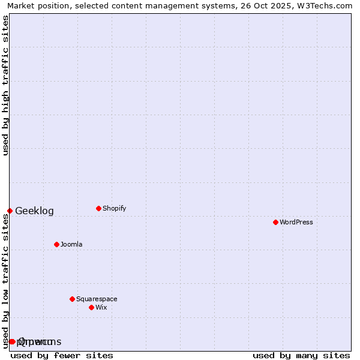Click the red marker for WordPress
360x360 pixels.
click(x=275, y=222)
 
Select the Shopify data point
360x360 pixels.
click(x=98, y=208)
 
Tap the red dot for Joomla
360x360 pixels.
click(x=56, y=244)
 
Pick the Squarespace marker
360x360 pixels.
click(x=72, y=299)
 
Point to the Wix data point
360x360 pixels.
click(x=91, y=307)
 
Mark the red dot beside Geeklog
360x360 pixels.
click(x=10, y=211)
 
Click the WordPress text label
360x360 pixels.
click(x=296, y=222)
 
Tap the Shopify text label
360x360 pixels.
click(x=114, y=208)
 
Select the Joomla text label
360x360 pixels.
click(x=71, y=244)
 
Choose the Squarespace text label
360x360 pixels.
click(x=97, y=299)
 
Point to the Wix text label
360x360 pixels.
click(x=101, y=307)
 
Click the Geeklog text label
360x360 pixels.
click(x=34, y=211)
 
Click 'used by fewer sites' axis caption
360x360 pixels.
click(x=62, y=355)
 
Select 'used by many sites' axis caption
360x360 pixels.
click(x=301, y=355)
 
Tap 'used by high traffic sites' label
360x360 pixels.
click(x=5, y=85)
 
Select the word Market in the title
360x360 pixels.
click(x=21, y=5)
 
